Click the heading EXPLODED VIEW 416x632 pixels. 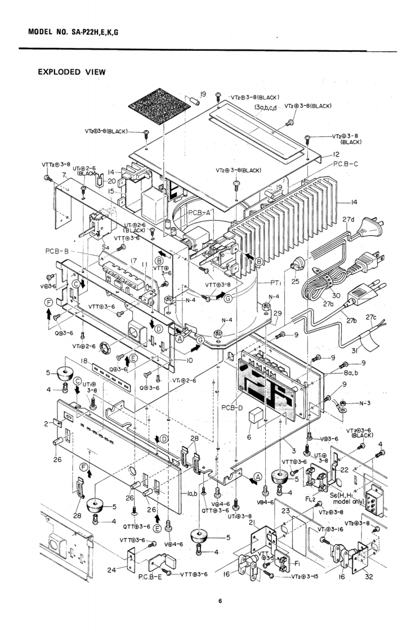click(x=71, y=72)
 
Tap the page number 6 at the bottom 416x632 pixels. click(x=221, y=602)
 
